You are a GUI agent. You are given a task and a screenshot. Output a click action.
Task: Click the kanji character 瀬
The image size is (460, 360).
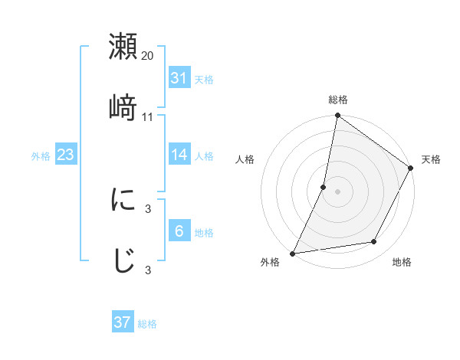(123, 47)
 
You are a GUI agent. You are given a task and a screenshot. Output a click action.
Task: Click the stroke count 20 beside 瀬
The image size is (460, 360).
(148, 56)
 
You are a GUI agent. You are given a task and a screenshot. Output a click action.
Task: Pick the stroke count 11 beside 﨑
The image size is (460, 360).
(148, 116)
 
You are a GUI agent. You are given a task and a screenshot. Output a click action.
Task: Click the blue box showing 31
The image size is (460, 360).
(179, 77)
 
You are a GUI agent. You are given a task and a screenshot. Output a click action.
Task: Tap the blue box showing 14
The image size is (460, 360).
(179, 155)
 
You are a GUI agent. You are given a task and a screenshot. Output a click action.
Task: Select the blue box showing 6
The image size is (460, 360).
(179, 231)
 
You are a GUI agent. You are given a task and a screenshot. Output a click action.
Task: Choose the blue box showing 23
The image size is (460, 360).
(66, 155)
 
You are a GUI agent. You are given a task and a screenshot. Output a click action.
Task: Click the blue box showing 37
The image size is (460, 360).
(123, 322)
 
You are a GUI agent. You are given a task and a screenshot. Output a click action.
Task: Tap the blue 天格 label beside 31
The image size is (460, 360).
(204, 79)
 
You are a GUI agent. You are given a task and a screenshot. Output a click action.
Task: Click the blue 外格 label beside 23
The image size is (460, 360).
(41, 156)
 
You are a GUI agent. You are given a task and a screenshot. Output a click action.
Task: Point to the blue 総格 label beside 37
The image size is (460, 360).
(147, 324)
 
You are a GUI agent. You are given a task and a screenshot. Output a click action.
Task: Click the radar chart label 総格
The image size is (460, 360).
(338, 100)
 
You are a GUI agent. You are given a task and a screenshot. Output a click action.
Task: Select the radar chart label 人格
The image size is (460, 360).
(245, 159)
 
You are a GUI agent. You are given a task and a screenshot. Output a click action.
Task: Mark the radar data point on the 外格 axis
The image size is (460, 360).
(293, 254)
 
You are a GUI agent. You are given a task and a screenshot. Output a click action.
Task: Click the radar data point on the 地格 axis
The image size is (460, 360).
(374, 242)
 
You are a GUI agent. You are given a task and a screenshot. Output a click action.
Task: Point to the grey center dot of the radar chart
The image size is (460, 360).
(337, 191)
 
